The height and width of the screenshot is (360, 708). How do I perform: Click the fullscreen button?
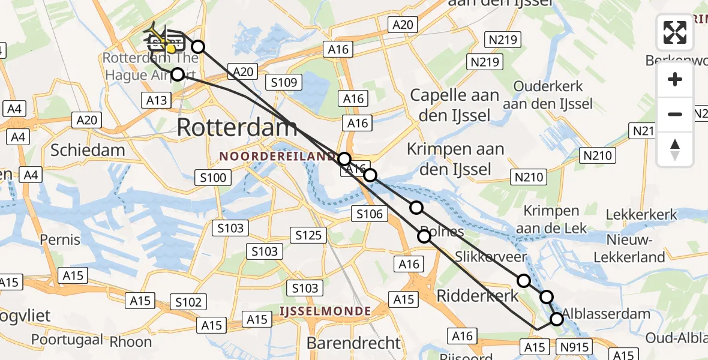675,32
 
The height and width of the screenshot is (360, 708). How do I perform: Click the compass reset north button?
675,149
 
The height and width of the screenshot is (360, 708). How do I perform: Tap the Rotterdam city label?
238,127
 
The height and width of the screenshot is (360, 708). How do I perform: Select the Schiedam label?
88,149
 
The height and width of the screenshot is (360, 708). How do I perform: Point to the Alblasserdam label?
606,313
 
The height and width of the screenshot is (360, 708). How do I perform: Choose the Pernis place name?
60,240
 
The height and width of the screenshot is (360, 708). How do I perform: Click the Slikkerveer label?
491,257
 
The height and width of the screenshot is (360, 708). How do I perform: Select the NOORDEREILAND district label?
277,157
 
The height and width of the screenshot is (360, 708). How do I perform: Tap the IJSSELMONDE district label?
325,311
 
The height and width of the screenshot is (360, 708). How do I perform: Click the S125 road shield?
309,235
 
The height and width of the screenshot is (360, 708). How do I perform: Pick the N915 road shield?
575,347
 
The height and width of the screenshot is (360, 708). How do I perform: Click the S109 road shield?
284,82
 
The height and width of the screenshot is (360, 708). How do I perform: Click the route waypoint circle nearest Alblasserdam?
557,319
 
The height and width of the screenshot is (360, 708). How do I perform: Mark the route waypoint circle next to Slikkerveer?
524,280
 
